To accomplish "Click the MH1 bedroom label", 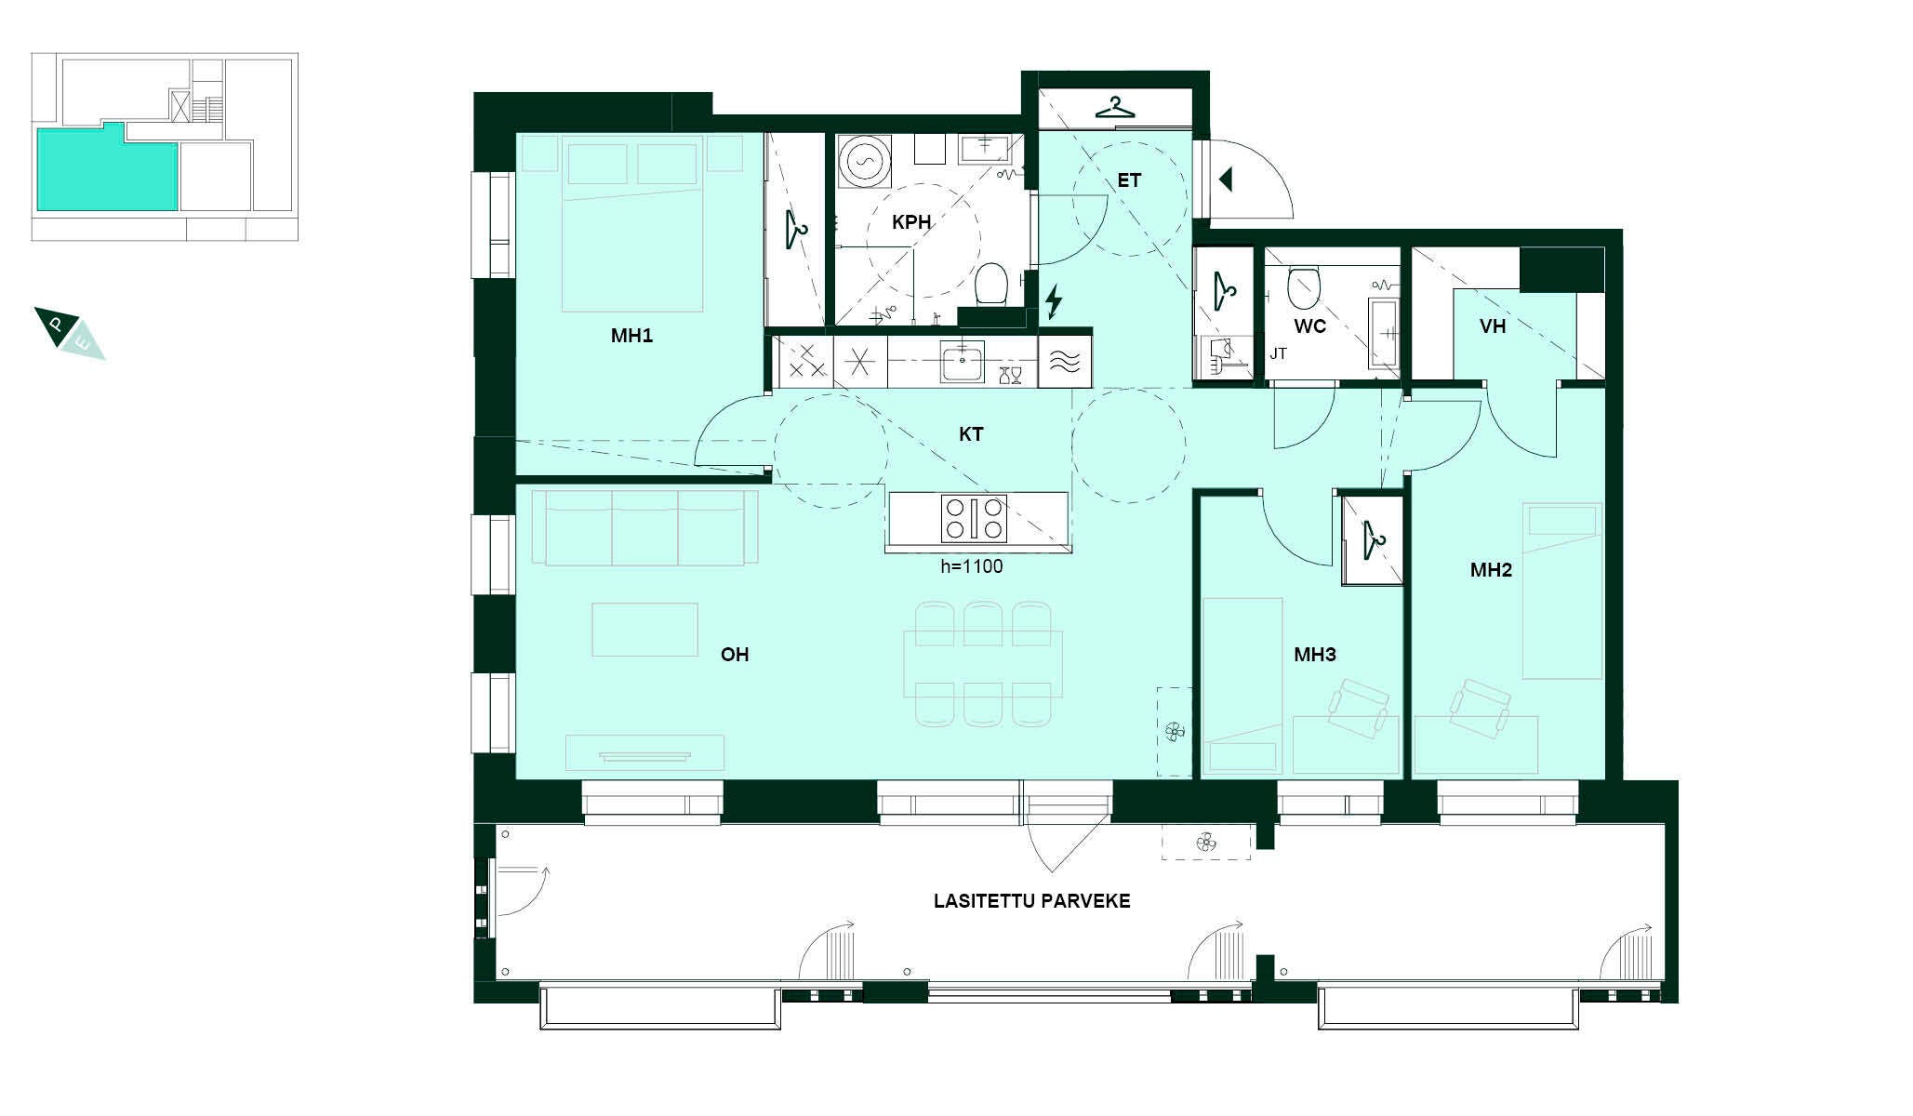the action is pos(631,336).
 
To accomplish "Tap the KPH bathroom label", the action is pos(911,222).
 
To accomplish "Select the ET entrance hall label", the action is pos(1129,180).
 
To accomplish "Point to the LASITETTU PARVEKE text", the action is pos(1031,901).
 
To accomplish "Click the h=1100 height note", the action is pos(972,565).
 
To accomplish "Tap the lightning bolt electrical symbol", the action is pos(1054,302).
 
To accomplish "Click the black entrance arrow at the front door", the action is pos(1226,179).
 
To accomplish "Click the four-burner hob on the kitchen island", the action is pos(974,519).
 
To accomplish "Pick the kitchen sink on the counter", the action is pos(962,362).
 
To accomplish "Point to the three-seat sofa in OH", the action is pos(645,528).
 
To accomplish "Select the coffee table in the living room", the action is pos(644,630).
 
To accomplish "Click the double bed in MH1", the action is pos(632,223).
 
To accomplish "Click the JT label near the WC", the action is pos(1279,354).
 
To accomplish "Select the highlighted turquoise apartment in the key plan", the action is pos(107,167).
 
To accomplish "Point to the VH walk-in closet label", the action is pos(1493,326).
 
